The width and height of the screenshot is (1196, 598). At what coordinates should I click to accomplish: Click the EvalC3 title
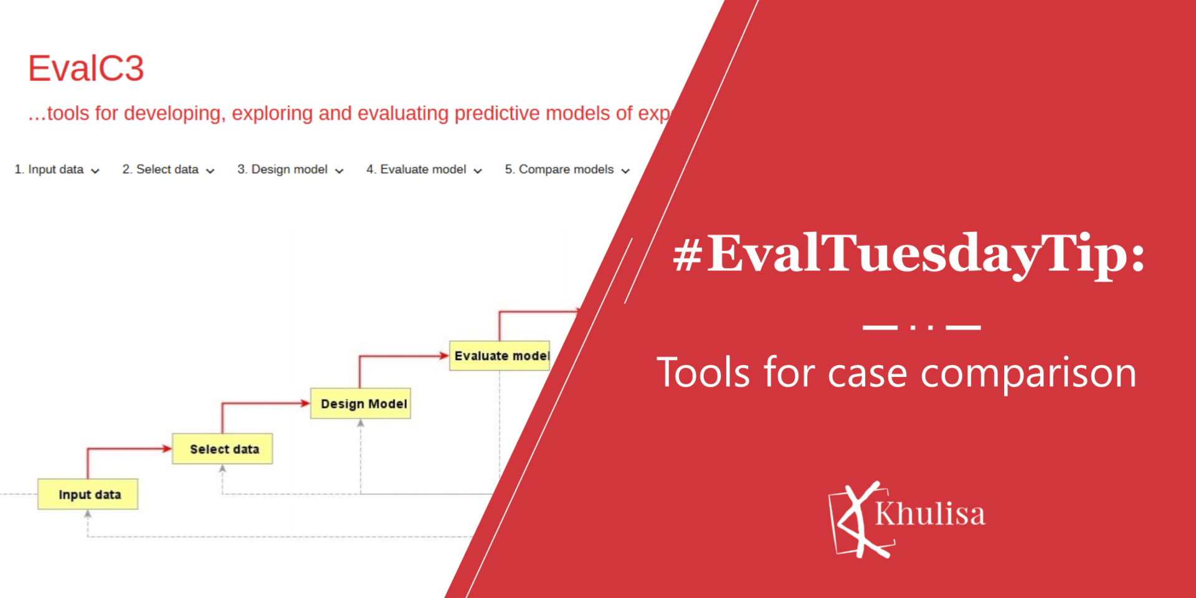point(86,68)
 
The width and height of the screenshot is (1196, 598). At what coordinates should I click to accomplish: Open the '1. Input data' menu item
point(57,169)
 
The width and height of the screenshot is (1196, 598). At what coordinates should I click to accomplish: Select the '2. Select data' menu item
point(168,169)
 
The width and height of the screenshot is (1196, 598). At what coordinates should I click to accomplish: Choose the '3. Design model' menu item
point(290,169)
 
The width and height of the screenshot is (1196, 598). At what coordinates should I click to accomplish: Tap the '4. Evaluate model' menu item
point(424,169)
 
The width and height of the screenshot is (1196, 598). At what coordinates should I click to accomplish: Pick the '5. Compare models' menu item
point(567,169)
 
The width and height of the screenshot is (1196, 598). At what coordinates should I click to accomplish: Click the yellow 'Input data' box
point(88,494)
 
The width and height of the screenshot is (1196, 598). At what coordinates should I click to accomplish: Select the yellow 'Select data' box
point(222,448)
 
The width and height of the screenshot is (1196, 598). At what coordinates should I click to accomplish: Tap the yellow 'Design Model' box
point(361,403)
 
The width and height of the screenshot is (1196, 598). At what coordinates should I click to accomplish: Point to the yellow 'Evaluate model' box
point(500,356)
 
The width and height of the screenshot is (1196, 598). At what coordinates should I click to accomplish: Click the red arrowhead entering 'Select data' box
point(167,448)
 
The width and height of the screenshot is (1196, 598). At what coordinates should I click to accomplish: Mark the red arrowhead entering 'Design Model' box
point(305,403)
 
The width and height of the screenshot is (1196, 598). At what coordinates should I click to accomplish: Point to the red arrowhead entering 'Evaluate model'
point(444,356)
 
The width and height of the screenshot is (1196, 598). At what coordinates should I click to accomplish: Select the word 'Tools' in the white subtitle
point(703,372)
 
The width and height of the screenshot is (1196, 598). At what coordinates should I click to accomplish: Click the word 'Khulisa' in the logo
point(930,514)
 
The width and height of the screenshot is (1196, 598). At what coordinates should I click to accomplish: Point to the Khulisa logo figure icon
point(861,519)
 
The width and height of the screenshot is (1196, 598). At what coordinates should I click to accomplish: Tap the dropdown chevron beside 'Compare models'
point(625,171)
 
